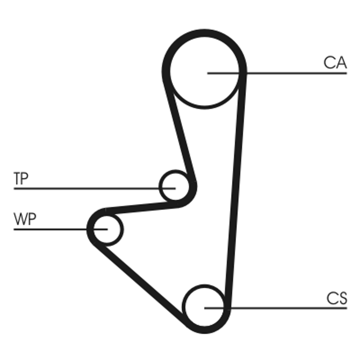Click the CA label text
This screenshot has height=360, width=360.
coord(335,63)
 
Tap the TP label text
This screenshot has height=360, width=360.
coord(21,179)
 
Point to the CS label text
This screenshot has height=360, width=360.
coord(337,299)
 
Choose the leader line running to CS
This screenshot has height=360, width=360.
coord(288,308)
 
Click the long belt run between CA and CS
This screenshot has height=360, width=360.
coord(236,189)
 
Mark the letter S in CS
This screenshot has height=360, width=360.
coord(342,299)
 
